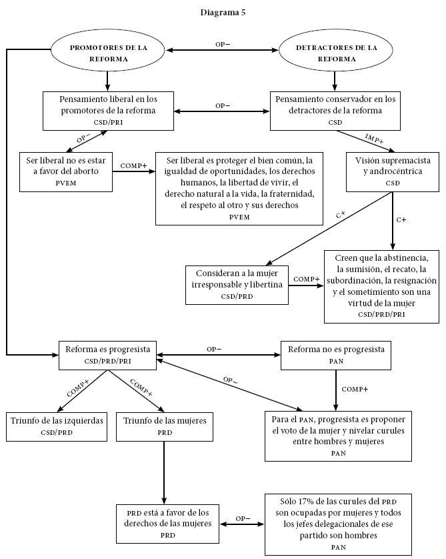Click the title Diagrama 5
[x=223, y=11]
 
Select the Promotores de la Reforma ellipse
[x=108, y=53]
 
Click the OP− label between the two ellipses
[x=223, y=44]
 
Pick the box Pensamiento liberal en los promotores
[x=108, y=110]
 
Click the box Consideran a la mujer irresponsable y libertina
[x=237, y=284]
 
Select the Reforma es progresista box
[x=107, y=354]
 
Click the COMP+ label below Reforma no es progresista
[x=355, y=389]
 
